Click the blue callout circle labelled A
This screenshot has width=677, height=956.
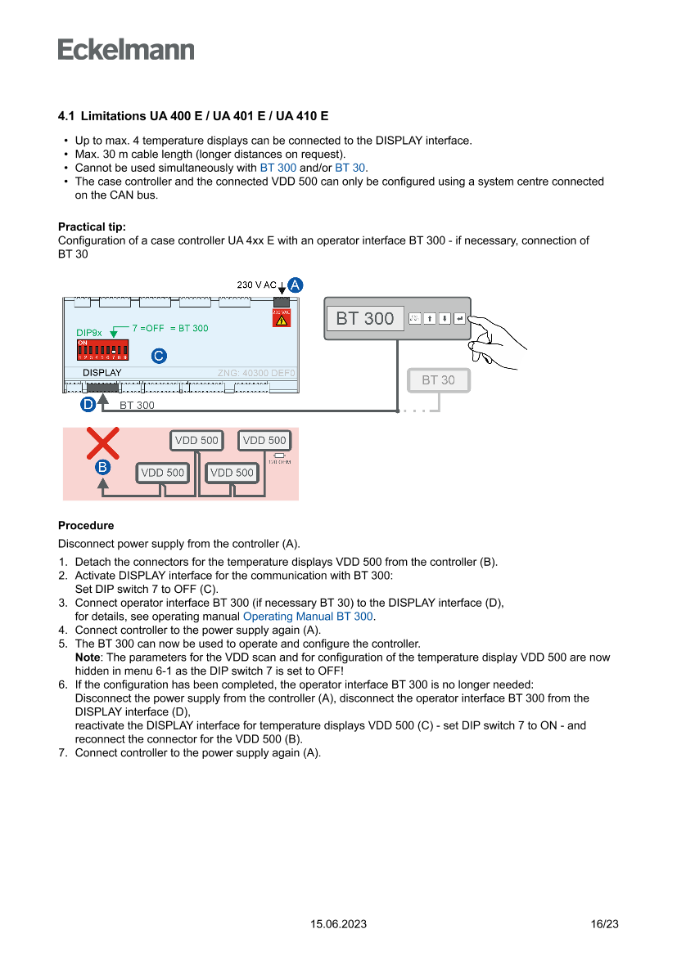coord(295,285)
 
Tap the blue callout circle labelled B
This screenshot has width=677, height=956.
coord(102,467)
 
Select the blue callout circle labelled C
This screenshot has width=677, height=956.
coord(159,356)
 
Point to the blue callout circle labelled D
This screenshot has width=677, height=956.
coord(88,403)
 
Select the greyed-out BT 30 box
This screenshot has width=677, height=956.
coord(438,380)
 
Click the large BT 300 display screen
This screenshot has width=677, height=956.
coord(365,318)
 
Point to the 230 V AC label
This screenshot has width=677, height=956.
coord(256,285)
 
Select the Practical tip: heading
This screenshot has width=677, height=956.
coord(92,227)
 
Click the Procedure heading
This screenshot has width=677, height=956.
coord(86,526)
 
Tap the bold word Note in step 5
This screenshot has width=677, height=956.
coord(87,658)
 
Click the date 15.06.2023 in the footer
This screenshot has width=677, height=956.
coord(338,924)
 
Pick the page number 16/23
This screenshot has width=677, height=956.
coord(604,924)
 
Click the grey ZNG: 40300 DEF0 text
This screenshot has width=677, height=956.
coord(255,373)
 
